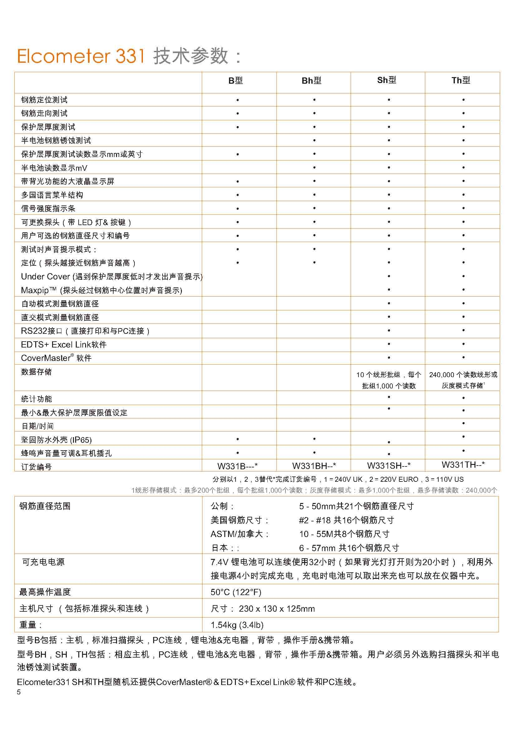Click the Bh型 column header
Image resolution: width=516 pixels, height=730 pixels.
tap(311, 81)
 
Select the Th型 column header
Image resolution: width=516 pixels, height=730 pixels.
tap(461, 81)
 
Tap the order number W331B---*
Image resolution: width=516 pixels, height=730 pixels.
tap(237, 466)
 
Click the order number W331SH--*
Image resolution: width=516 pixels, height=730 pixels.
tap(389, 466)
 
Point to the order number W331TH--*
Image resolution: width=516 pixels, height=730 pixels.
tap(463, 465)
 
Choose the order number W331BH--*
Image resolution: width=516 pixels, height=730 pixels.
tap(314, 466)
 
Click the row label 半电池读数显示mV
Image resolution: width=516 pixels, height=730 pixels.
tap(54, 168)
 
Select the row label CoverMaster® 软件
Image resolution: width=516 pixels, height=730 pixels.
tap(56, 358)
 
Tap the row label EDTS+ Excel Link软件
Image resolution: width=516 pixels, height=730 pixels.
tap(64, 344)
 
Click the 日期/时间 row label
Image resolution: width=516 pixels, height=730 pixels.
tap(37, 426)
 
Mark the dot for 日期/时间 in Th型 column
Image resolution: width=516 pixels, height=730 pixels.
tap(463, 423)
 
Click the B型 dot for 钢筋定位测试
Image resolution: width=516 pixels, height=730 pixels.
tap(237, 100)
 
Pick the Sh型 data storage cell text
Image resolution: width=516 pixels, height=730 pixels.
tap(389, 380)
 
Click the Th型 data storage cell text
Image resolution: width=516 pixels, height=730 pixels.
tap(463, 380)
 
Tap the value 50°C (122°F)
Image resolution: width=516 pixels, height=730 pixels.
tap(236, 592)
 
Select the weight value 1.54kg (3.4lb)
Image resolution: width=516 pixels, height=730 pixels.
tap(237, 625)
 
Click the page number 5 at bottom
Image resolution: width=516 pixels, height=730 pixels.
tap(19, 692)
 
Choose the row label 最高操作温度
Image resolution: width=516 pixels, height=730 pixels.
tap(45, 592)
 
